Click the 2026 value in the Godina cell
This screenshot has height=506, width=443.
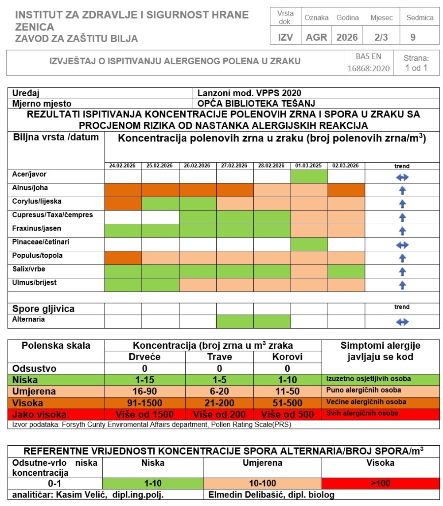pos(347,37)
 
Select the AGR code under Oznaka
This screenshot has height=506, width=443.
pos(316,37)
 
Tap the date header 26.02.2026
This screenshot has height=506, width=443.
pos(198,166)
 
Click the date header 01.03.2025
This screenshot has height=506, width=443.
pos(309,166)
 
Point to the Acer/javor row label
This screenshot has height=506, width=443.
pos(29,175)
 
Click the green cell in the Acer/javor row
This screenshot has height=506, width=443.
pos(309,177)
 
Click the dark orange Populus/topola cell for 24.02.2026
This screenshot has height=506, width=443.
pos(123,257)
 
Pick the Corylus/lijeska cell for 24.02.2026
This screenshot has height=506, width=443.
pos(123,204)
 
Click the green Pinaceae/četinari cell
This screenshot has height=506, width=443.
pos(309,244)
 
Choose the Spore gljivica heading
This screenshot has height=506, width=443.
pos(43,309)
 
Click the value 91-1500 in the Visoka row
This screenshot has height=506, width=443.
pos(144,403)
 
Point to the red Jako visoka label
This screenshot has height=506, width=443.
pos(40,414)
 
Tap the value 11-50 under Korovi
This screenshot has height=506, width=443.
pos(287,391)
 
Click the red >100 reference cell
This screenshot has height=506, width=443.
pos(381,483)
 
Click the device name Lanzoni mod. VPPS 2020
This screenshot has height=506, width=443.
pos(250,93)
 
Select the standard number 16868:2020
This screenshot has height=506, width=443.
pos(369,68)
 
